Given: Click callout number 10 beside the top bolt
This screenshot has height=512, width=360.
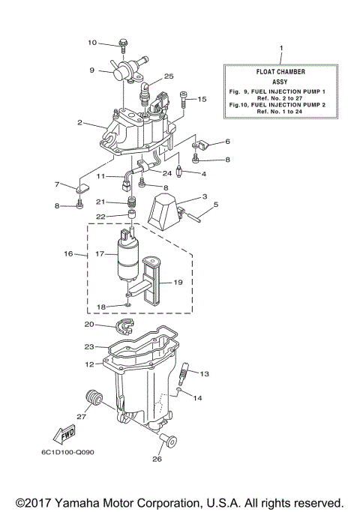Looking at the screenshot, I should pos(93,42).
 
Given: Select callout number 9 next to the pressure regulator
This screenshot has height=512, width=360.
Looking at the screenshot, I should pos(92,70).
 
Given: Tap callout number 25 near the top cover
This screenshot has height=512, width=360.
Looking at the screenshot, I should pos(169,76).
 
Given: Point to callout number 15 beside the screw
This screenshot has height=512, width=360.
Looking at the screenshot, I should pos(202,98).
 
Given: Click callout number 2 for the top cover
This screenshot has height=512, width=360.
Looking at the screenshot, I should pos(79,122).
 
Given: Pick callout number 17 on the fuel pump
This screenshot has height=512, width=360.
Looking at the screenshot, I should pos(98,253).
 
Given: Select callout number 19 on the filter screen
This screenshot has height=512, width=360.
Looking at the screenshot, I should pos(178,283).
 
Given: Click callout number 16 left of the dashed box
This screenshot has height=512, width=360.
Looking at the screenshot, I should pos(70,254).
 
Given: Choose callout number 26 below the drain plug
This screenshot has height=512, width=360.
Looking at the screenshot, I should pos(157,460).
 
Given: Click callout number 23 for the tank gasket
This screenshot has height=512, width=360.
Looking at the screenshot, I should pos(89,346).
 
